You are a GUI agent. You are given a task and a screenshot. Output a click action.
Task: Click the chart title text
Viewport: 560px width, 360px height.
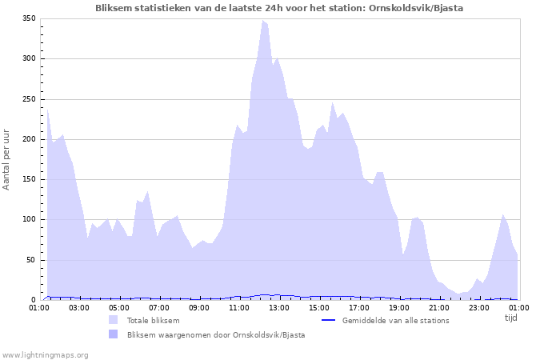278,7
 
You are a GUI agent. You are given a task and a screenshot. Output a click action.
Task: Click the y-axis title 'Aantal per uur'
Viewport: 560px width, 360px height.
7,158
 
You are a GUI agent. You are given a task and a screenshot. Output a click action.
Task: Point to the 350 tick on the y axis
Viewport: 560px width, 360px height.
29,18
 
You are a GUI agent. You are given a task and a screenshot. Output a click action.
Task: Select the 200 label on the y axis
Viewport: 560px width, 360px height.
29,139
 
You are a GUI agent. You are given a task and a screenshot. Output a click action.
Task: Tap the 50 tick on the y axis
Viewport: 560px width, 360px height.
31,260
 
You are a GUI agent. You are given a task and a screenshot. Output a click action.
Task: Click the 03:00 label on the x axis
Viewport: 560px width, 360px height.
79,307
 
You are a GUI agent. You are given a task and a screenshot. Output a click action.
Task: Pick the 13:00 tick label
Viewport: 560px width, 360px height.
278,307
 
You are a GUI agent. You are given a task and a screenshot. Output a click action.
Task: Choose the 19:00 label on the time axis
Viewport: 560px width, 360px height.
398,307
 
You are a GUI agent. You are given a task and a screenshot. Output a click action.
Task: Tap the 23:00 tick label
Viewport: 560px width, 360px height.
478,307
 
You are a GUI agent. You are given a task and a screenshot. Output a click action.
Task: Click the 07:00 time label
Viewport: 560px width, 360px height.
159,307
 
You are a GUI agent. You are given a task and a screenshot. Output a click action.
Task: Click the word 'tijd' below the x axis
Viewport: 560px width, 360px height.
510,318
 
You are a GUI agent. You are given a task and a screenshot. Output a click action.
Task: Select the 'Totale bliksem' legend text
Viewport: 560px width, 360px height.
153,321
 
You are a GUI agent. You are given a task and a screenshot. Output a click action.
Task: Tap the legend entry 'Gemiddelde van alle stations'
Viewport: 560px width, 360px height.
395,321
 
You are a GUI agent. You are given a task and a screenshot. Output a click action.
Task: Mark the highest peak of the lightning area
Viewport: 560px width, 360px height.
262,22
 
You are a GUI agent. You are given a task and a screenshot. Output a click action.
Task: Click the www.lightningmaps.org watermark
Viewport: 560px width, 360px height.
45,354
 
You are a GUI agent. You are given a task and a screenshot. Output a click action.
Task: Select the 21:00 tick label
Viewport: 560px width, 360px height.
438,307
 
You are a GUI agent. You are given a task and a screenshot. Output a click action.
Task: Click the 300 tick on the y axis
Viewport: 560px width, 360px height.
29,58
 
